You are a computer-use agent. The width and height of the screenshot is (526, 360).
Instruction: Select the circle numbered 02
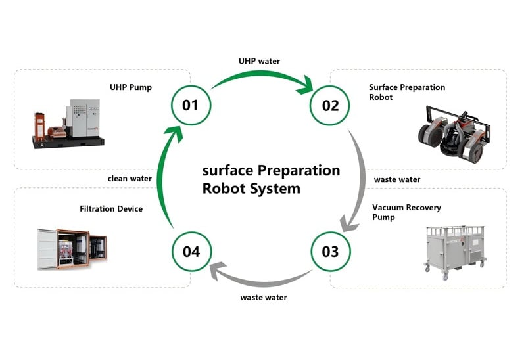pyautogui.click(x=330, y=105)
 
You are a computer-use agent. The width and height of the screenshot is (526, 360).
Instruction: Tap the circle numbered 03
pyautogui.click(x=330, y=251)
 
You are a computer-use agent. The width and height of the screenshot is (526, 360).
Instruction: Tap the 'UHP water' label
pyautogui.click(x=259, y=61)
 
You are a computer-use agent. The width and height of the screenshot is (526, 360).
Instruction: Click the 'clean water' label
pyautogui.click(x=130, y=178)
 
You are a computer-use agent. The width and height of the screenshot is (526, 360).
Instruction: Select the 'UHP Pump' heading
pyautogui.click(x=131, y=87)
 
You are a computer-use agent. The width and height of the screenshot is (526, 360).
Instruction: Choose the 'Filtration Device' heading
pyautogui.click(x=111, y=209)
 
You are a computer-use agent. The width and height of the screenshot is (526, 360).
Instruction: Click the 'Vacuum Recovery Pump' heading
pyautogui.click(x=406, y=212)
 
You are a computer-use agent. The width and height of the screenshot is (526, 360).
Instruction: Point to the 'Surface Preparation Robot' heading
pyautogui.click(x=406, y=92)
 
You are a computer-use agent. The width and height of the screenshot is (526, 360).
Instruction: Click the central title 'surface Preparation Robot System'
pyautogui.click(x=271, y=179)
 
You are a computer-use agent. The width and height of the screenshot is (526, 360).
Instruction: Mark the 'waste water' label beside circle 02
pyautogui.click(x=396, y=179)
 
